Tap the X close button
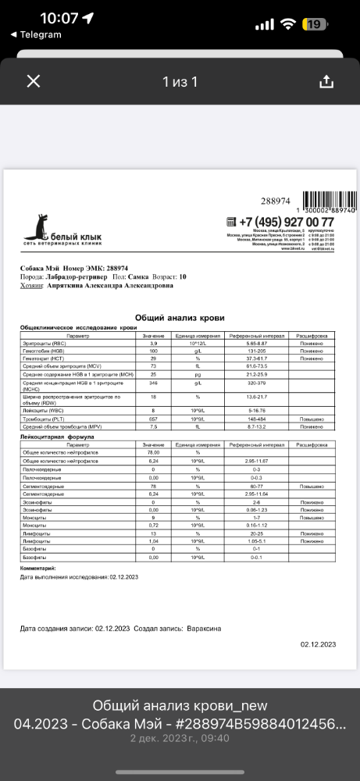[x=33, y=81]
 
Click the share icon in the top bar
[x=326, y=81]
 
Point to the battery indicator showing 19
[x=315, y=24]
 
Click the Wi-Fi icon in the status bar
[x=287, y=24]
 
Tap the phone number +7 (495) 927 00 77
[x=286, y=222]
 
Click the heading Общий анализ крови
[x=180, y=318]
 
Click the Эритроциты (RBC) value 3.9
[x=154, y=343]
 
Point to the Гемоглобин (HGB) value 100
[x=154, y=351]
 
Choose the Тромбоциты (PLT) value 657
[x=154, y=419]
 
